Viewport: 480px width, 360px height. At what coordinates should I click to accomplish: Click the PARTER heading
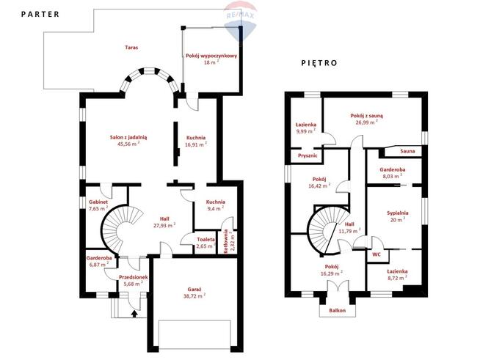40,14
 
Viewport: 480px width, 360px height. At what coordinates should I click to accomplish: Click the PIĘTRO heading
319,63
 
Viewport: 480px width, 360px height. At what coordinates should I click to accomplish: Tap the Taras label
131,48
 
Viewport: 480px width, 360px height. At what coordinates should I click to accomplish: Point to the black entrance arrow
134,314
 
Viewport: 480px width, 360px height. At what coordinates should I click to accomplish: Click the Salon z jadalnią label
128,137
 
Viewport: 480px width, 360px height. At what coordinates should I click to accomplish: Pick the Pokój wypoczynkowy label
211,56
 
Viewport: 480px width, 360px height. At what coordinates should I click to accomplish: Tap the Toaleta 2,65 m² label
206,243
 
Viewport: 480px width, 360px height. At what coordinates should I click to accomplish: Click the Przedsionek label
134,277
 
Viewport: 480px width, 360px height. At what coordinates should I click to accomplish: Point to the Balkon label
338,310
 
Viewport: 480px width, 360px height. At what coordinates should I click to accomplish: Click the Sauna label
407,151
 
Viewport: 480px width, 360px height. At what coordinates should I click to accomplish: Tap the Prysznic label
308,155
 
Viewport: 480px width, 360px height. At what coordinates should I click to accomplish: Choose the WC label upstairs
377,254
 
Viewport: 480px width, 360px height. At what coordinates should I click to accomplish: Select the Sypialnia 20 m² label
398,216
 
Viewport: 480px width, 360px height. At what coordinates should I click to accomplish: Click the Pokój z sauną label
366,116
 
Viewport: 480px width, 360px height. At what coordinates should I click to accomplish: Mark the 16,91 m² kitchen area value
196,144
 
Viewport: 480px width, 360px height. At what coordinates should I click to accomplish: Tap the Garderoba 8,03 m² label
393,173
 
